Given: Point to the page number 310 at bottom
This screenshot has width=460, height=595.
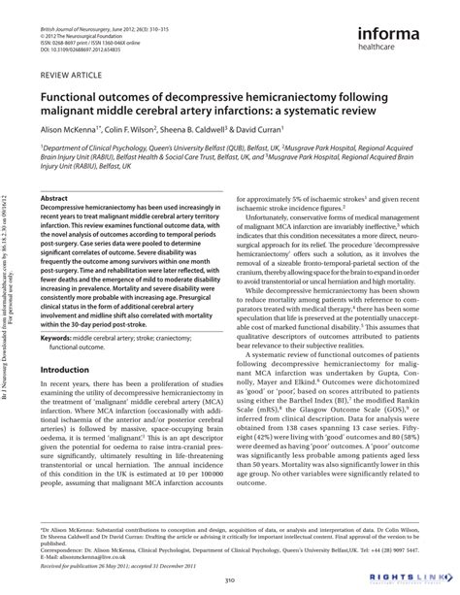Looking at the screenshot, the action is (230, 579).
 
